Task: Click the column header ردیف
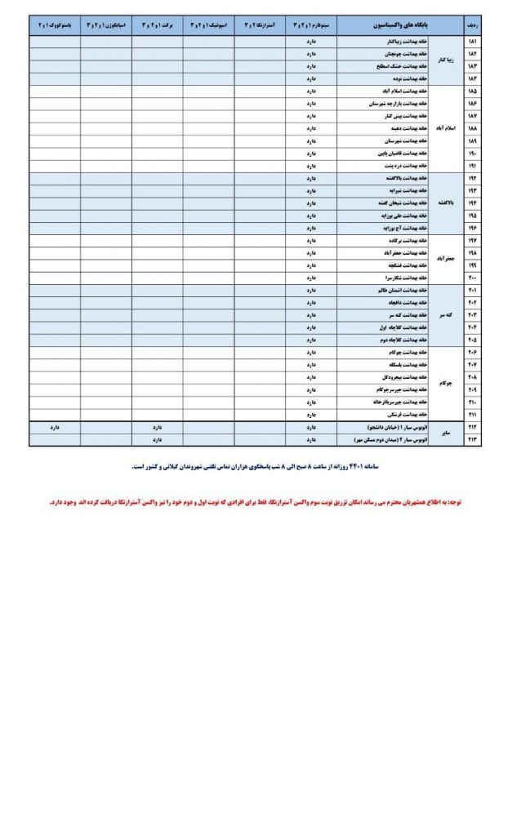coord(472,25)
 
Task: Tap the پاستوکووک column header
coord(54,25)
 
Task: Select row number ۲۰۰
coord(472,278)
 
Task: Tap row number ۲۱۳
coord(472,439)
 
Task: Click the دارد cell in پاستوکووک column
coord(55,427)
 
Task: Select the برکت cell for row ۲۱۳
coord(157,439)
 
